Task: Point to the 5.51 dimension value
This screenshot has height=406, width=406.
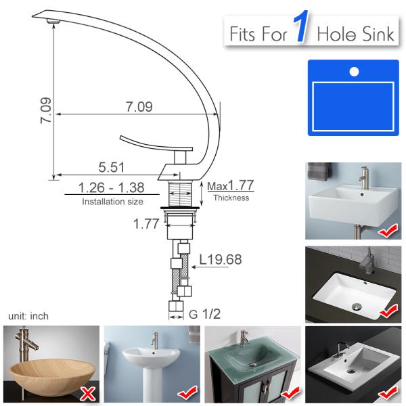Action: [112, 166]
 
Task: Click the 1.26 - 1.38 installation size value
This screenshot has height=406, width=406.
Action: [112, 187]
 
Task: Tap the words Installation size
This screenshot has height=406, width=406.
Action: [112, 202]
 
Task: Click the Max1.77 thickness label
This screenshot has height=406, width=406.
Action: [230, 185]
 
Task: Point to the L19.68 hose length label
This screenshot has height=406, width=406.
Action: [220, 258]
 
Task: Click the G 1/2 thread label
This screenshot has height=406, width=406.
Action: [205, 314]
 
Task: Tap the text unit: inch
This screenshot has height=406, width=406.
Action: [28, 316]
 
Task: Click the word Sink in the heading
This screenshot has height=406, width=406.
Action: [376, 33]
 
